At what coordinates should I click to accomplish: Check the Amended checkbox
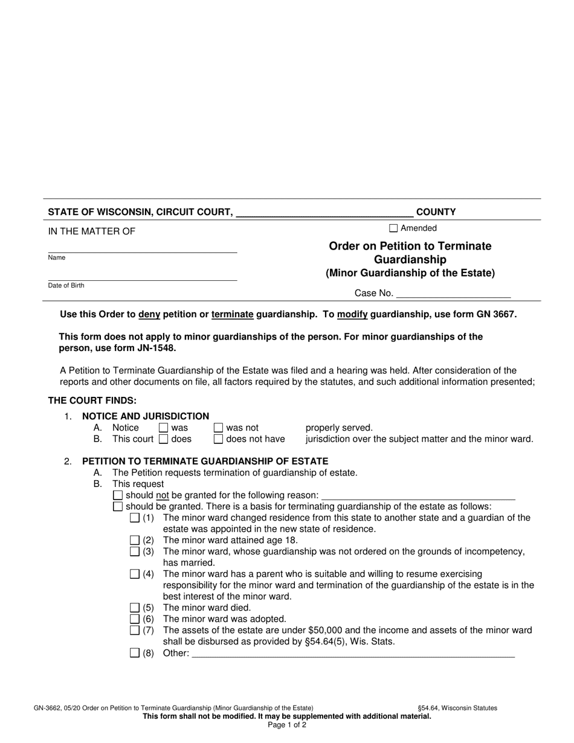tap(393, 228)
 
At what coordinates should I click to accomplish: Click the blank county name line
tap(324, 213)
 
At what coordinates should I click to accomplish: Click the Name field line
tap(143, 248)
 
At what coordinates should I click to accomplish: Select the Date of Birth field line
tap(143, 276)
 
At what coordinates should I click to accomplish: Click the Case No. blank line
tap(453, 294)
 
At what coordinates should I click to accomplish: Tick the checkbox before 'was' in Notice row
tap(163, 428)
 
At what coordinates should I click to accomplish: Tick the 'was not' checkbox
tap(218, 428)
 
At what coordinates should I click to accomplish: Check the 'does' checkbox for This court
tap(163, 439)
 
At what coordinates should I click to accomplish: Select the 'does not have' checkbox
tap(218, 439)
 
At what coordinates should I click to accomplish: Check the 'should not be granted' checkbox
tap(118, 495)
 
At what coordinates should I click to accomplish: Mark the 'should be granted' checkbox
tap(118, 506)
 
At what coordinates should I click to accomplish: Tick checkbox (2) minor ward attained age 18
tap(135, 540)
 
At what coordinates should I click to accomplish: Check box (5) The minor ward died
tap(135, 608)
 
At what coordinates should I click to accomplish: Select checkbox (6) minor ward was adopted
tap(135, 619)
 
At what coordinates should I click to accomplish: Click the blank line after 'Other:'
tap(353, 653)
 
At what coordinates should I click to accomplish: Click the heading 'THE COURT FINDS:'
tap(92, 400)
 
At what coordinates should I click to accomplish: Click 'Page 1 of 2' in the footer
tap(287, 725)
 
